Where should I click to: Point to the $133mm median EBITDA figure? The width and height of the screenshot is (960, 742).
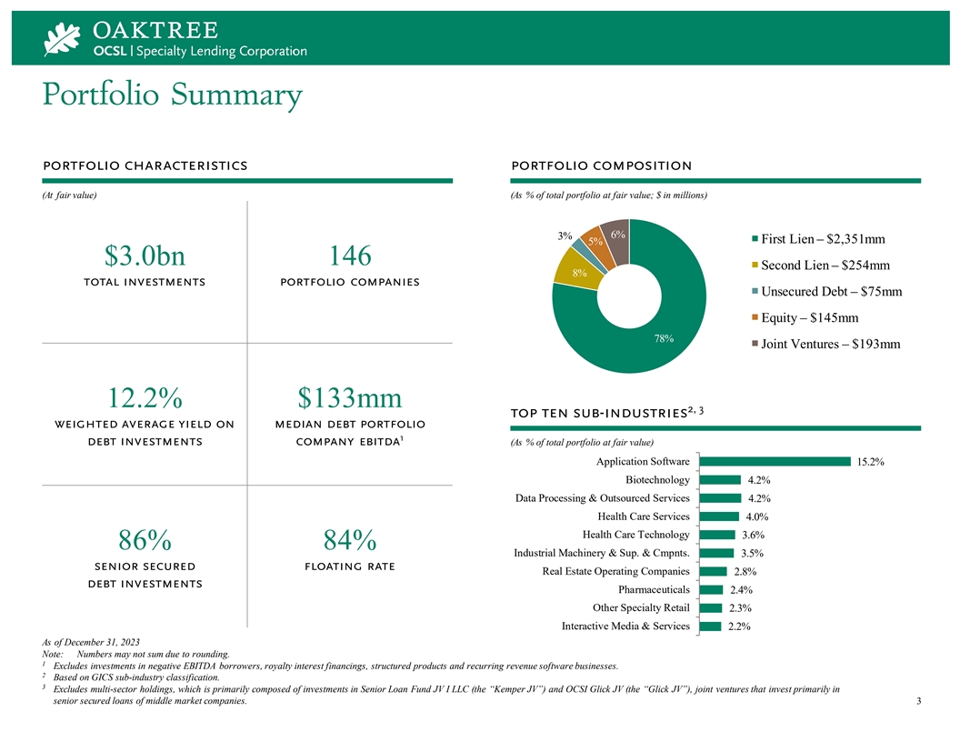350,397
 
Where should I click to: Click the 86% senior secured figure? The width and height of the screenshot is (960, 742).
145,540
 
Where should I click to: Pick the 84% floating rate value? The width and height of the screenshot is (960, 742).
350,540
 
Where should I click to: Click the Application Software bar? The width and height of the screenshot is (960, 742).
774,462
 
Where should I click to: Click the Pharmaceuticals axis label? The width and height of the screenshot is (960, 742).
654,589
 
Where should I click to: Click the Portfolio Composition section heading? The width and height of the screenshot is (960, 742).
602,165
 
